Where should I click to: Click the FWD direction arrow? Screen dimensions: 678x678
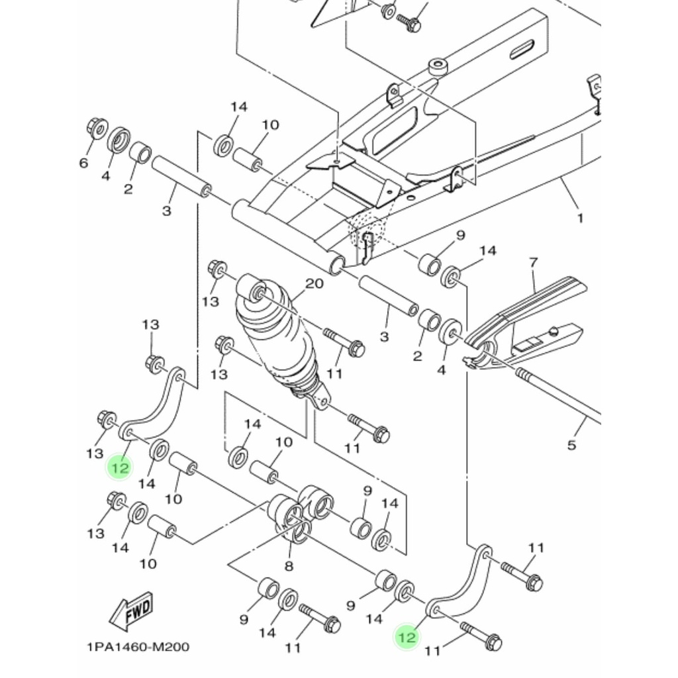click(131, 611)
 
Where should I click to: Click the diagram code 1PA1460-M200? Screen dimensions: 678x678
click(138, 647)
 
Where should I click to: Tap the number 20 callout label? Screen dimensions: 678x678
click(315, 283)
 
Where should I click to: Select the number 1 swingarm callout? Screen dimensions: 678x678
click(580, 218)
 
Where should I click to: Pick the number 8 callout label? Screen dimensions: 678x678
click(289, 565)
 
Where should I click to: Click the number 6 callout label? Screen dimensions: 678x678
click(83, 163)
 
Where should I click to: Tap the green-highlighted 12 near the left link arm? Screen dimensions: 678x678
click(120, 468)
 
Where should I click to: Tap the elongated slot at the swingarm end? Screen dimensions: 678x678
click(522, 49)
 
